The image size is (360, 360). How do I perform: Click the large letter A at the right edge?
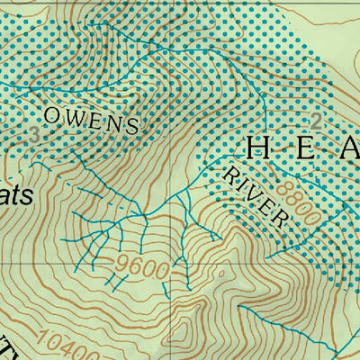pos(349,148)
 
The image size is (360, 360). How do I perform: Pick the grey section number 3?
pos(34,136)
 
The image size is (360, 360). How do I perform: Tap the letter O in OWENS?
pos(51,113)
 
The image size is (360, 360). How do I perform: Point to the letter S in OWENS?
pos(132,126)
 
